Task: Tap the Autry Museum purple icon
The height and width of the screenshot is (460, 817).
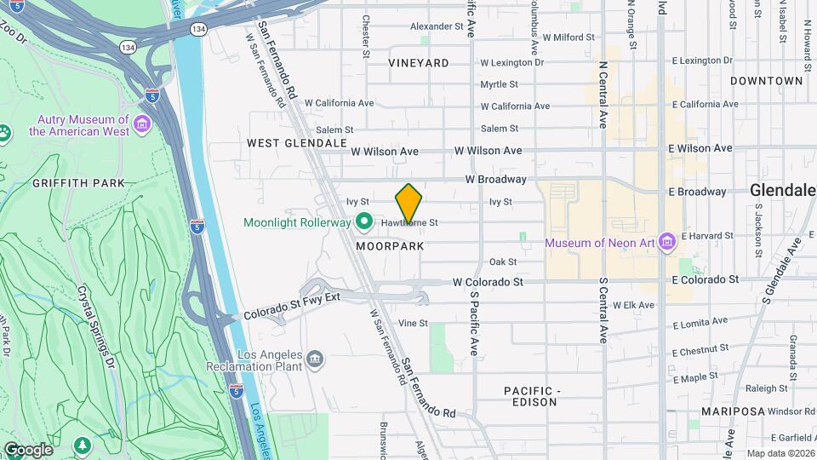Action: click(x=142, y=126)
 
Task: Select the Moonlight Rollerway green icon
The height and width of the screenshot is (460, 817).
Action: click(x=364, y=222)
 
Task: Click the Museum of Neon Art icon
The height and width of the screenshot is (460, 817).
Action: click(x=666, y=244)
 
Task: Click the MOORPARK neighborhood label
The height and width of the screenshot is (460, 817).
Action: click(x=390, y=246)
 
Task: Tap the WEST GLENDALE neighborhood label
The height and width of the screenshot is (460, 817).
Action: click(x=297, y=143)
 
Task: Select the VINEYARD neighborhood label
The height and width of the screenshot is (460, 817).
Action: click(x=418, y=63)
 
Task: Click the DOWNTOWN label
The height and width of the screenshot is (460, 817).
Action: click(x=766, y=81)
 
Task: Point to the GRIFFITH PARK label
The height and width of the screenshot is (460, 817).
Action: click(x=78, y=183)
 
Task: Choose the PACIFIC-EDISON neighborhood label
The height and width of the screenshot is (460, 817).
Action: click(x=530, y=396)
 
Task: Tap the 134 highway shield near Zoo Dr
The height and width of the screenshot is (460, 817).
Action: click(x=126, y=47)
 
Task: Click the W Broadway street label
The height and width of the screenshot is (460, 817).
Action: click(x=495, y=180)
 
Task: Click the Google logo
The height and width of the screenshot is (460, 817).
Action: click(x=27, y=449)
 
